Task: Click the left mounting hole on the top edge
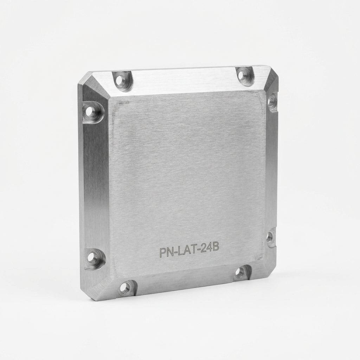119,80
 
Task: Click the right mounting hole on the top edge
241,75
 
